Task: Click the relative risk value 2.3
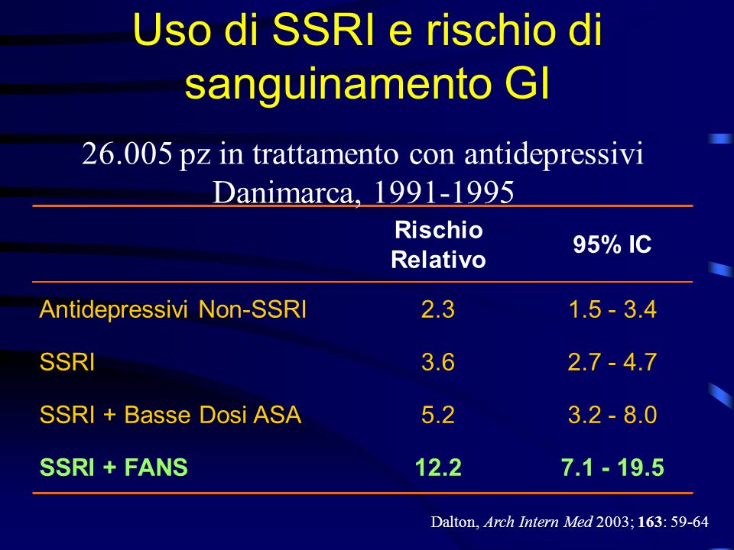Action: click(x=437, y=309)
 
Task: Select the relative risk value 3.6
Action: click(x=437, y=362)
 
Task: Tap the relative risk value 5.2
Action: click(x=437, y=414)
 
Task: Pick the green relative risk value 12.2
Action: click(x=438, y=467)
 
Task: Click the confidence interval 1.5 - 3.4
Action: click(x=612, y=309)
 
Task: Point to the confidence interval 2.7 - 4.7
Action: click(x=612, y=362)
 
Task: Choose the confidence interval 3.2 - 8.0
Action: click(x=612, y=414)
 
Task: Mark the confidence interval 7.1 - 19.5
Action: click(x=612, y=467)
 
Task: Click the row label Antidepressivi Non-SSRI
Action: click(x=173, y=309)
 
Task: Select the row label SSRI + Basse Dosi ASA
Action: click(x=171, y=414)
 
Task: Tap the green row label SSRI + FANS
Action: click(x=114, y=467)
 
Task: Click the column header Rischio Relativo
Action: click(x=438, y=244)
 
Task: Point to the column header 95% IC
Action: click(x=612, y=244)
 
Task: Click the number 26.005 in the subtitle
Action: click(x=127, y=154)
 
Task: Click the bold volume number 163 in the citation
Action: click(x=650, y=522)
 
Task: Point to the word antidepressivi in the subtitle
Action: click(x=554, y=154)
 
